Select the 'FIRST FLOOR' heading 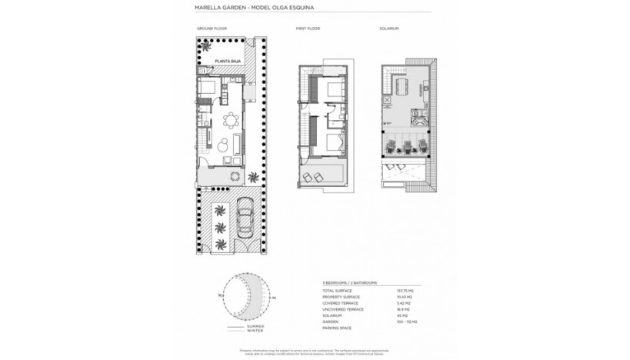(x=308, y=28)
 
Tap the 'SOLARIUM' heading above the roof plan (x=389, y=28)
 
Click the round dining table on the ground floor (x=229, y=119)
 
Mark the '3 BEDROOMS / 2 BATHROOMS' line (x=350, y=282)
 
